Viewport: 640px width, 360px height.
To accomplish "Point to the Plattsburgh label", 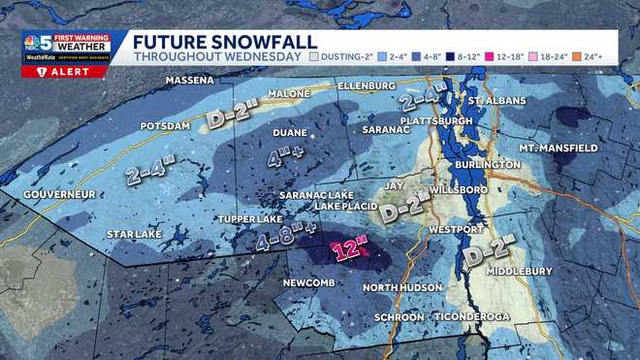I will (441, 120).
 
